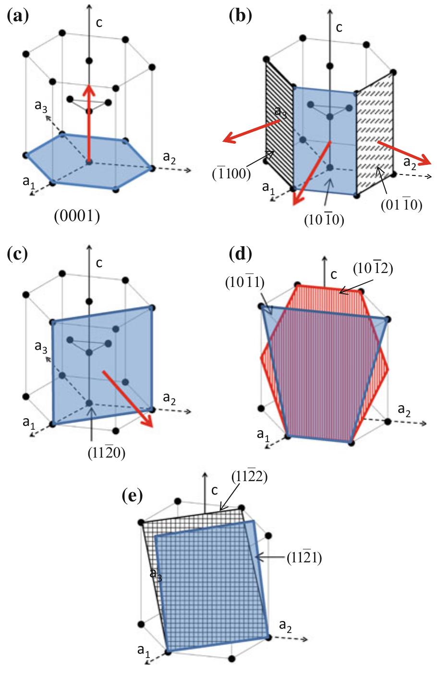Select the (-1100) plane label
[231, 174]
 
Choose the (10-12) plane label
[374, 269]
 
